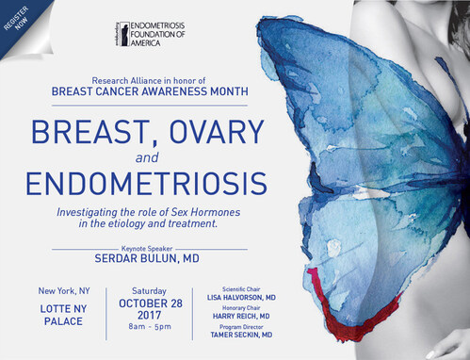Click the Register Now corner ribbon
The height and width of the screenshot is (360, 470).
click(21, 21)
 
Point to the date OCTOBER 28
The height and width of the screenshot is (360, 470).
click(150, 303)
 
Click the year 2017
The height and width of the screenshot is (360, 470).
click(150, 318)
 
